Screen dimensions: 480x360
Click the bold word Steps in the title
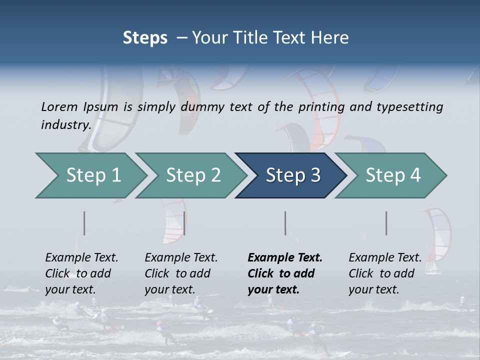145,37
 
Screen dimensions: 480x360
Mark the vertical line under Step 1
84,223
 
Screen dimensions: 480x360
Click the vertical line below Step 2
184,223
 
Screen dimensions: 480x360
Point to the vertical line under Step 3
285,223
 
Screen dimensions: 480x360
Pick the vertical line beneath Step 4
386,223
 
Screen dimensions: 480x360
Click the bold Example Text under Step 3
285,257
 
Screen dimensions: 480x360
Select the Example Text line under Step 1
81,257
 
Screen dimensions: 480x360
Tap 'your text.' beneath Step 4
373,289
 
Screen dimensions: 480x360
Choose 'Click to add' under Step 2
177,273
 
